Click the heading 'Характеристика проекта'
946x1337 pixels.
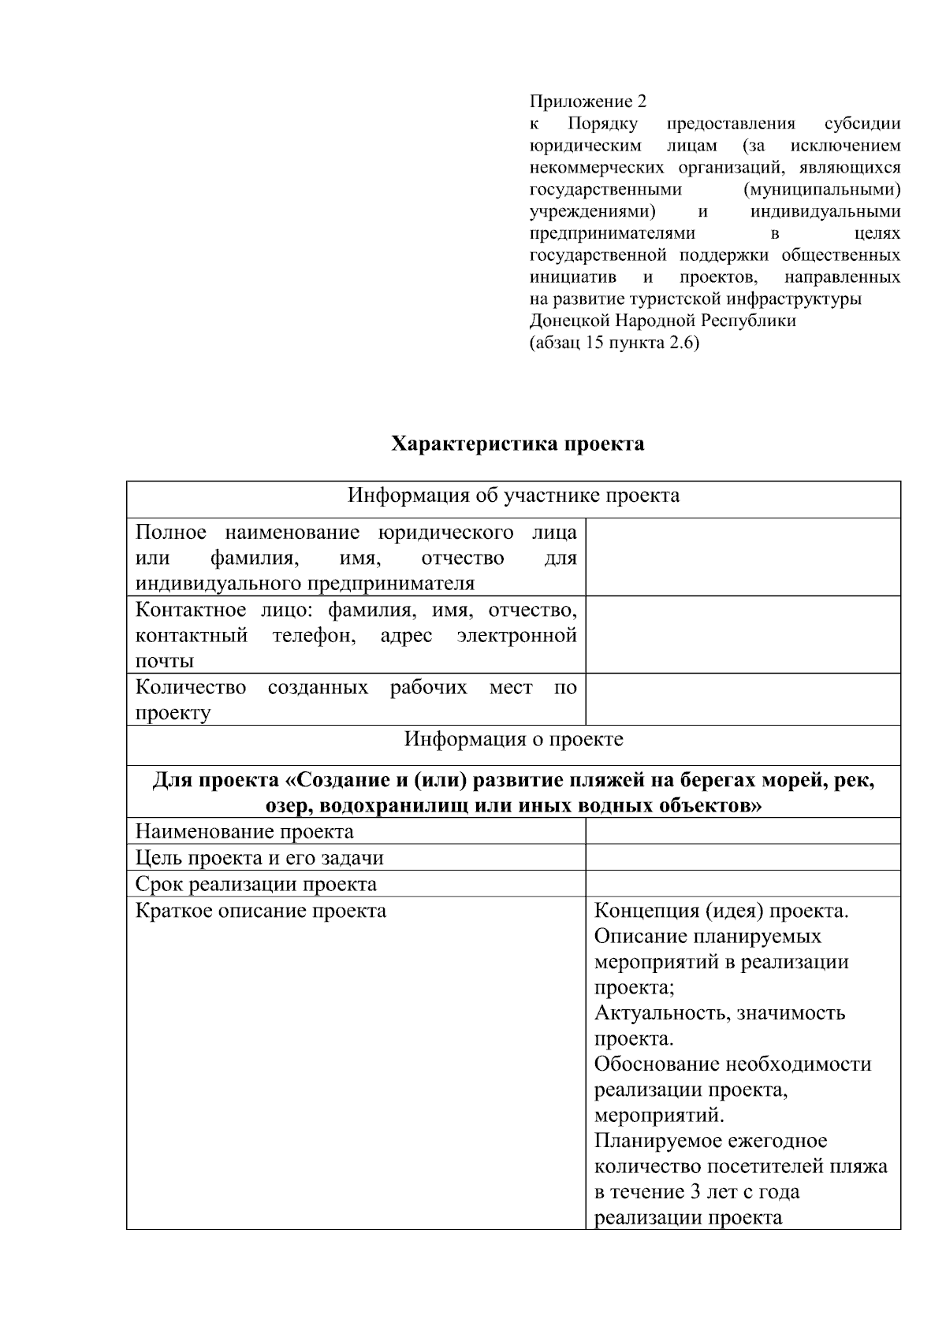[518, 444]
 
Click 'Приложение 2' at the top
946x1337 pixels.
[587, 102]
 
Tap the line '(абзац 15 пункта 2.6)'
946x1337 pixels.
[614, 343]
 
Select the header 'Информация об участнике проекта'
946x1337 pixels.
[513, 496]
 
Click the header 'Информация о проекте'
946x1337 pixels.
[513, 740]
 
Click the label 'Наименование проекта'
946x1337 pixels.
[244, 832]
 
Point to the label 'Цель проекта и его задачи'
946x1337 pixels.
[259, 858]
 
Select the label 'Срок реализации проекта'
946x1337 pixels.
[255, 884]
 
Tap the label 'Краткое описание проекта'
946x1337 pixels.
[261, 911]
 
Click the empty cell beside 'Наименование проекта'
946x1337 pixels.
[743, 832]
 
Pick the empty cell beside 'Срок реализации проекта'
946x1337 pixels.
[743, 884]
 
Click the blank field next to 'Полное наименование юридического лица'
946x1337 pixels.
[743, 557]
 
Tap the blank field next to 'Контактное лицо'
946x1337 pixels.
[743, 634]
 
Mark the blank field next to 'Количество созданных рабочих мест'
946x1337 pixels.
[743, 700]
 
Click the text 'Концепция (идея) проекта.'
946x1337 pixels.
[721, 911]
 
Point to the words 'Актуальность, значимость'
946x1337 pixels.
[719, 1013]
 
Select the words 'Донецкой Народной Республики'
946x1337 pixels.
[662, 321]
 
